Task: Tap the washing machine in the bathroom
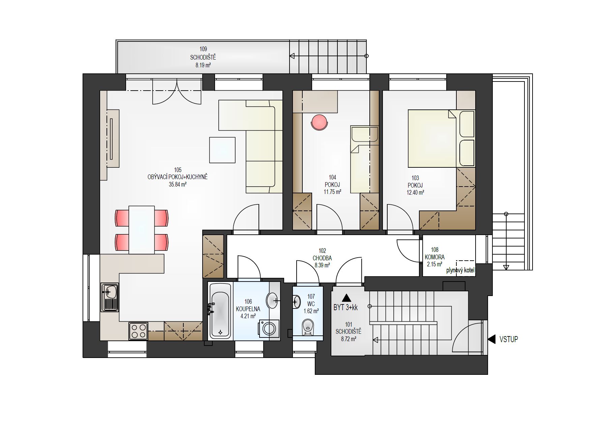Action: pos(269,329)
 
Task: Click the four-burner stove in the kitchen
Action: pos(139,331)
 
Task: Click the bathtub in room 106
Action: pos(220,310)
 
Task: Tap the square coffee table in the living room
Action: pos(222,150)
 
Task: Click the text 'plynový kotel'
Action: pos(460,270)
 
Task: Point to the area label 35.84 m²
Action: pos(178,184)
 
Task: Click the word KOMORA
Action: pos(434,257)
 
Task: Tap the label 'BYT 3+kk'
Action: pos(345,308)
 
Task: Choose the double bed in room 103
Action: pos(441,138)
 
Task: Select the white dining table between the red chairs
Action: pos(142,230)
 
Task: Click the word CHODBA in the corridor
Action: pos(322,258)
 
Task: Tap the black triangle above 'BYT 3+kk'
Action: pos(346,298)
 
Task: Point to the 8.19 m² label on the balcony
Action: pos(203,65)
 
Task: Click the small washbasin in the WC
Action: pos(296,301)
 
